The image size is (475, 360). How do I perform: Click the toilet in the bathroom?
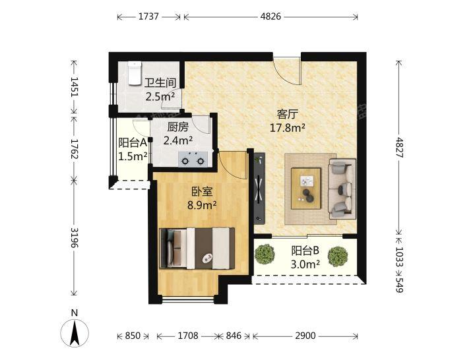[135, 73]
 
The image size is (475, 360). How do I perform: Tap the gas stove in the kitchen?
[193, 159]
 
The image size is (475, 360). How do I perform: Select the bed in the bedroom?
[197, 249]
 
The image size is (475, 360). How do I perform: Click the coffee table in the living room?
[306, 189]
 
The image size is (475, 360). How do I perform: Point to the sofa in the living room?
[342, 189]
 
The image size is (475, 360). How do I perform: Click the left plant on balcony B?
[265, 254]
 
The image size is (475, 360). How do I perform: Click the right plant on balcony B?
[338, 256]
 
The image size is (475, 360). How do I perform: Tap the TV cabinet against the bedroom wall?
[259, 189]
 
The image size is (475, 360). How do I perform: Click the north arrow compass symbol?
[75, 332]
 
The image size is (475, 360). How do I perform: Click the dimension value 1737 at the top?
[148, 16]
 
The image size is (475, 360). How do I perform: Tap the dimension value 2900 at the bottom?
[305, 336]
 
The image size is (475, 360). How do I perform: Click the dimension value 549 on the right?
[399, 285]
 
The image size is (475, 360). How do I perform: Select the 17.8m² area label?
[287, 128]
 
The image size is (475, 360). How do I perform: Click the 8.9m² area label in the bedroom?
[202, 205]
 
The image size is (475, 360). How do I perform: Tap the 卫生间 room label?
[160, 82]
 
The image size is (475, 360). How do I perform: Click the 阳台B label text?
[305, 251]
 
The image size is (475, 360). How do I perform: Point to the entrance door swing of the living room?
[286, 71]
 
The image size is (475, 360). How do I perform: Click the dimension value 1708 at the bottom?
[188, 336]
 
